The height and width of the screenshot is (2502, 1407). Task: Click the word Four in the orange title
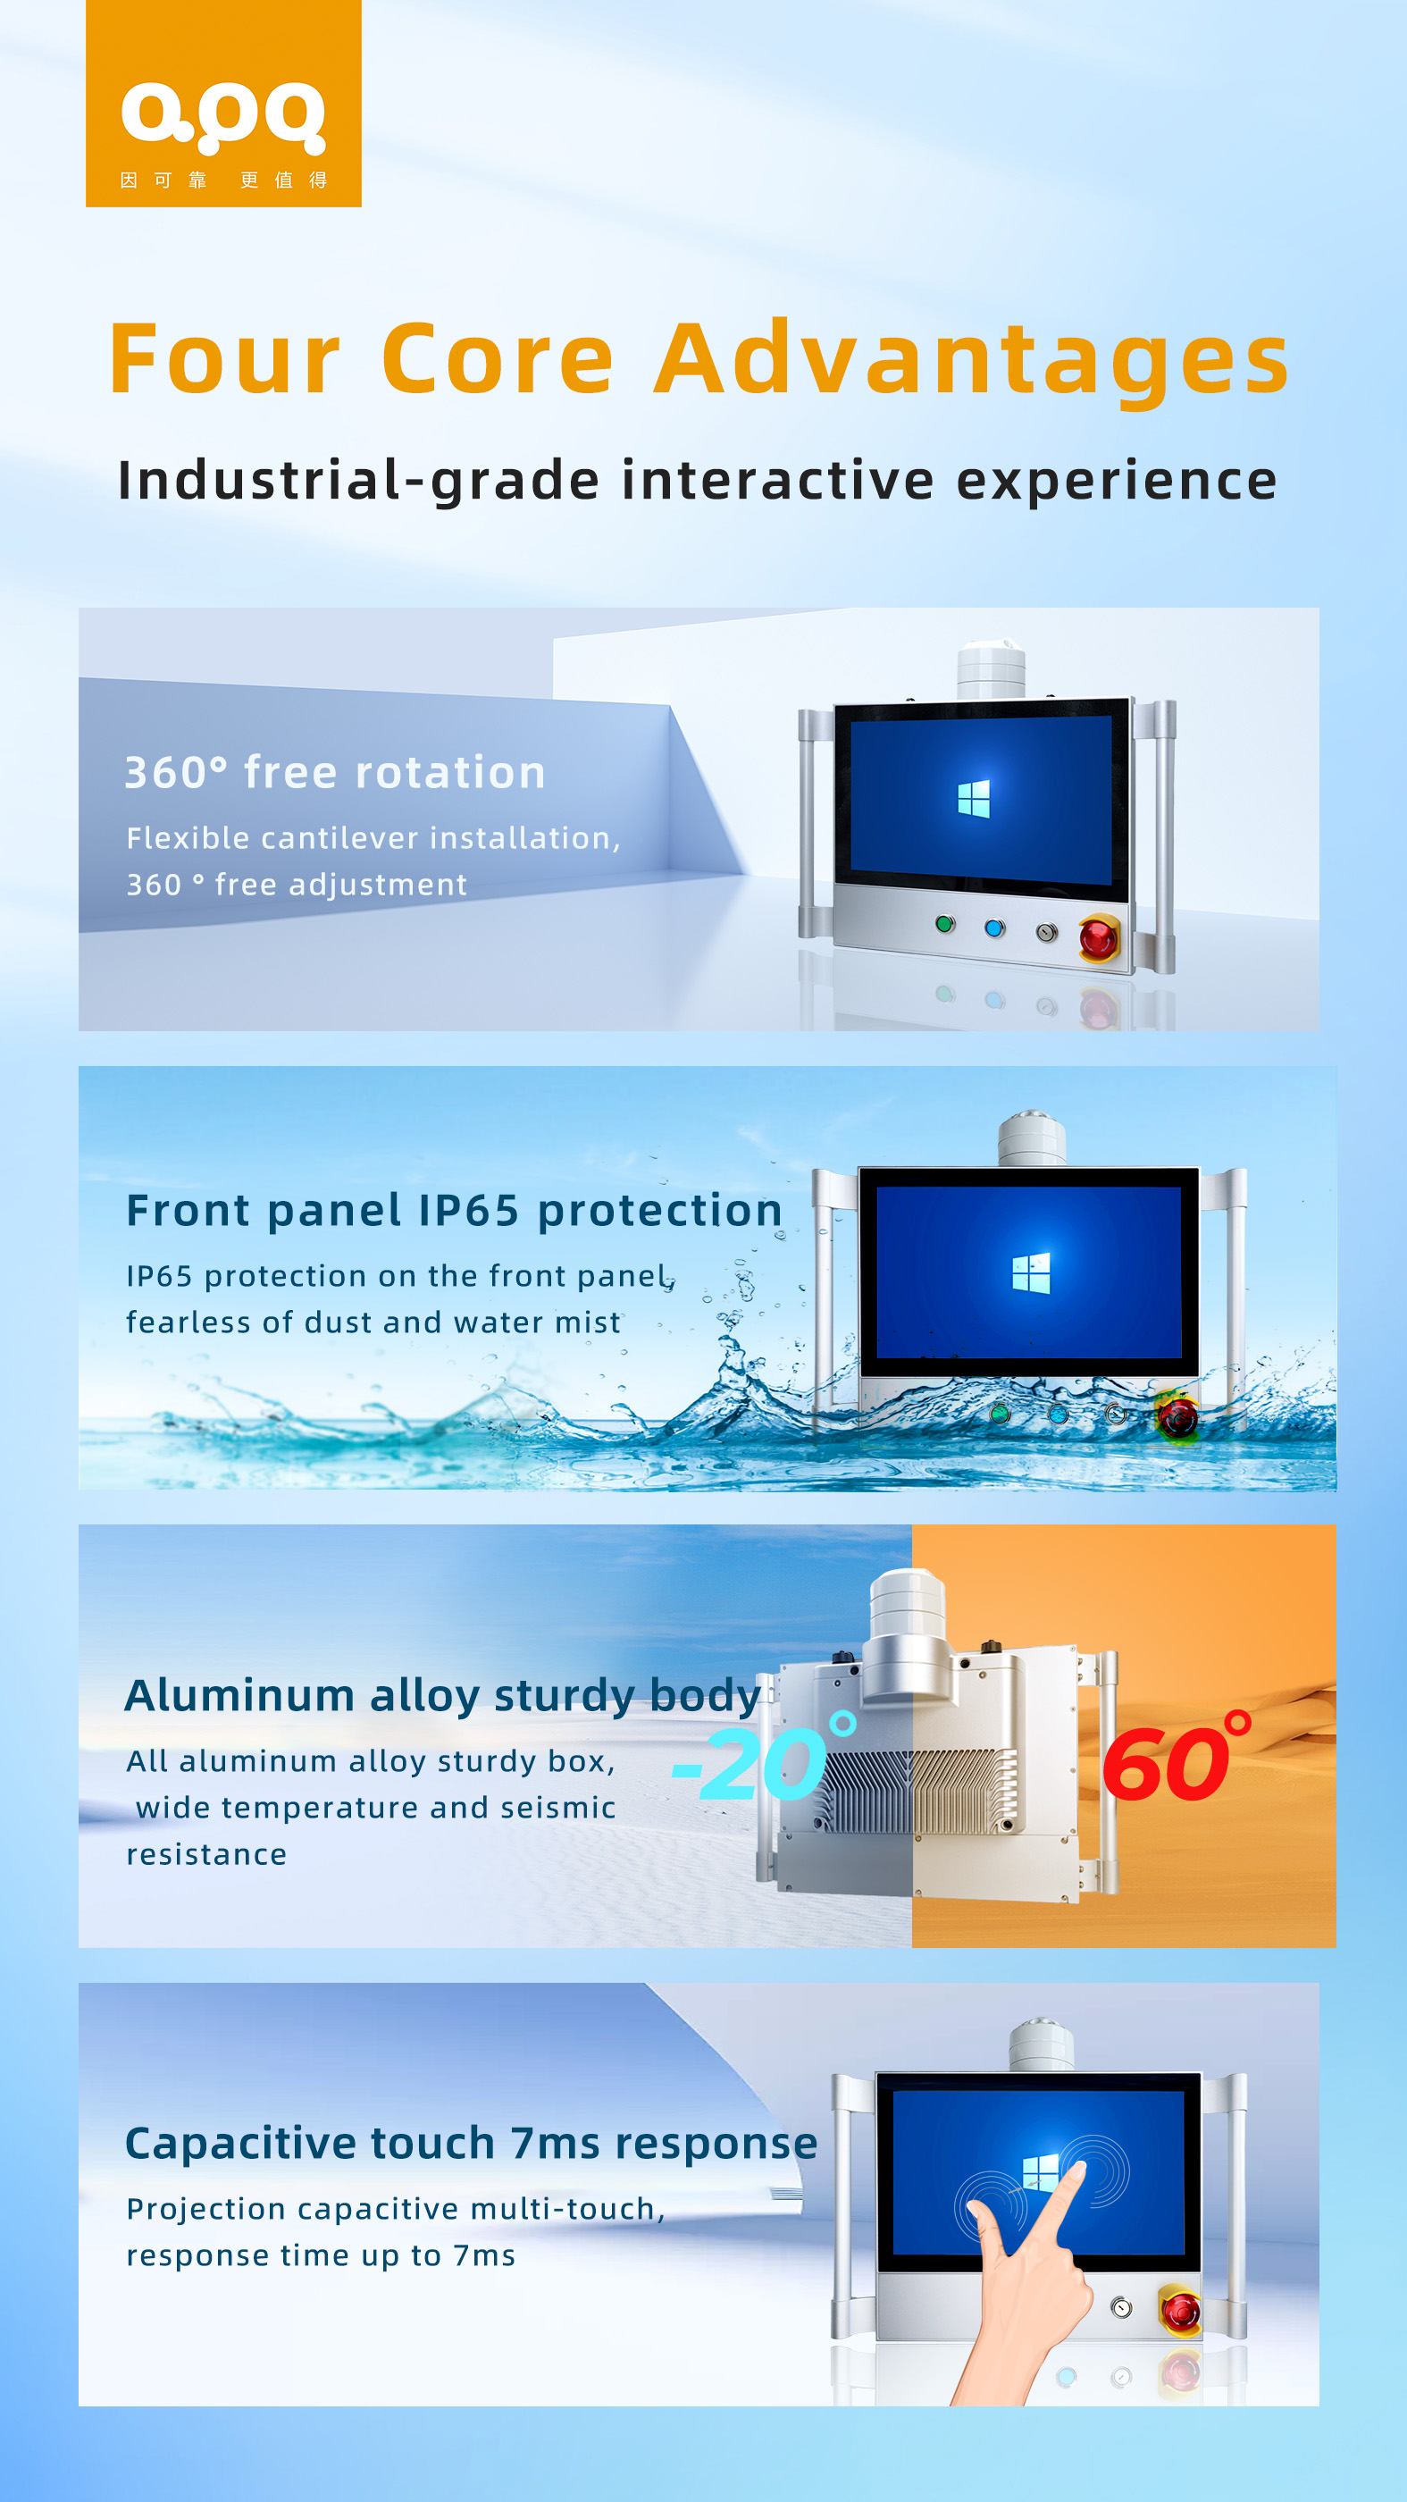click(x=225, y=358)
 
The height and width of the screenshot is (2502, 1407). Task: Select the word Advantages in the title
click(x=972, y=361)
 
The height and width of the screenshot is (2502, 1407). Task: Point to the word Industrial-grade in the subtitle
click(x=358, y=481)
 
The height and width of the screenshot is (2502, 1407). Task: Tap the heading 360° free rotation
click(x=335, y=773)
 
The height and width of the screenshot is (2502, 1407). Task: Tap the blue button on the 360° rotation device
click(x=993, y=928)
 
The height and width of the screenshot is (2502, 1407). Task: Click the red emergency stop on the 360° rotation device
click(x=1098, y=938)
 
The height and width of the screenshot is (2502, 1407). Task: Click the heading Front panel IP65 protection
click(x=454, y=1210)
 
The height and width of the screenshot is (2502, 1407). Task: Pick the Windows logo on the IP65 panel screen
click(x=1030, y=1272)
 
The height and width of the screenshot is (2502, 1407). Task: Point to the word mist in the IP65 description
click(x=588, y=1322)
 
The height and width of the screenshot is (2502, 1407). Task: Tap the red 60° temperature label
click(x=1176, y=1757)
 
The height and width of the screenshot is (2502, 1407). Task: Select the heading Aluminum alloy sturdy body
click(x=443, y=1697)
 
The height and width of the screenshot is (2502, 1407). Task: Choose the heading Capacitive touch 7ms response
click(x=471, y=2144)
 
